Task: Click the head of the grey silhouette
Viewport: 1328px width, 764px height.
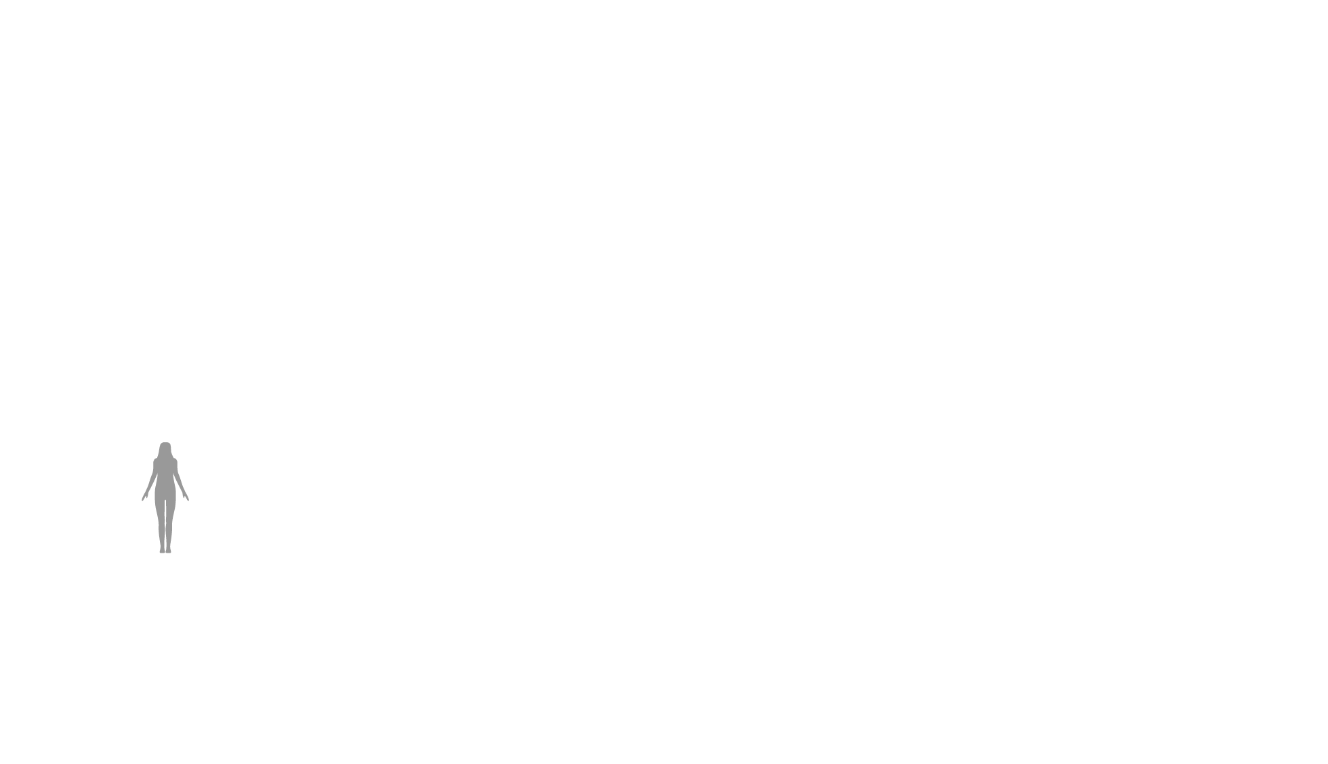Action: (165, 449)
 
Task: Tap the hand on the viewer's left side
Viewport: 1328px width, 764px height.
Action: (144, 497)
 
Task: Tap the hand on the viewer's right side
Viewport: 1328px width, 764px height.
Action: (186, 497)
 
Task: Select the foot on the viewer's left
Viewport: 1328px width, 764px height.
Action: (162, 551)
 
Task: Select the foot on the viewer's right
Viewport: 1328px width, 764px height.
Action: (169, 551)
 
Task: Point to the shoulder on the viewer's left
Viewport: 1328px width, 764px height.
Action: (156, 463)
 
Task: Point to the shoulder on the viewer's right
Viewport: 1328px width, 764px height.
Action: (175, 463)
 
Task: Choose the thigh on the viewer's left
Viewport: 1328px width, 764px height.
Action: (161, 508)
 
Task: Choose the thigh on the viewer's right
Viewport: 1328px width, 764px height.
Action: (170, 508)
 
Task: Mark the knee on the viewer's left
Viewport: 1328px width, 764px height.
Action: (161, 523)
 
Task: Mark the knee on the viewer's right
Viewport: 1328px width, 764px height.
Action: (169, 523)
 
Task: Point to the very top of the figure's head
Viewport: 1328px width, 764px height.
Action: (165, 442)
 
